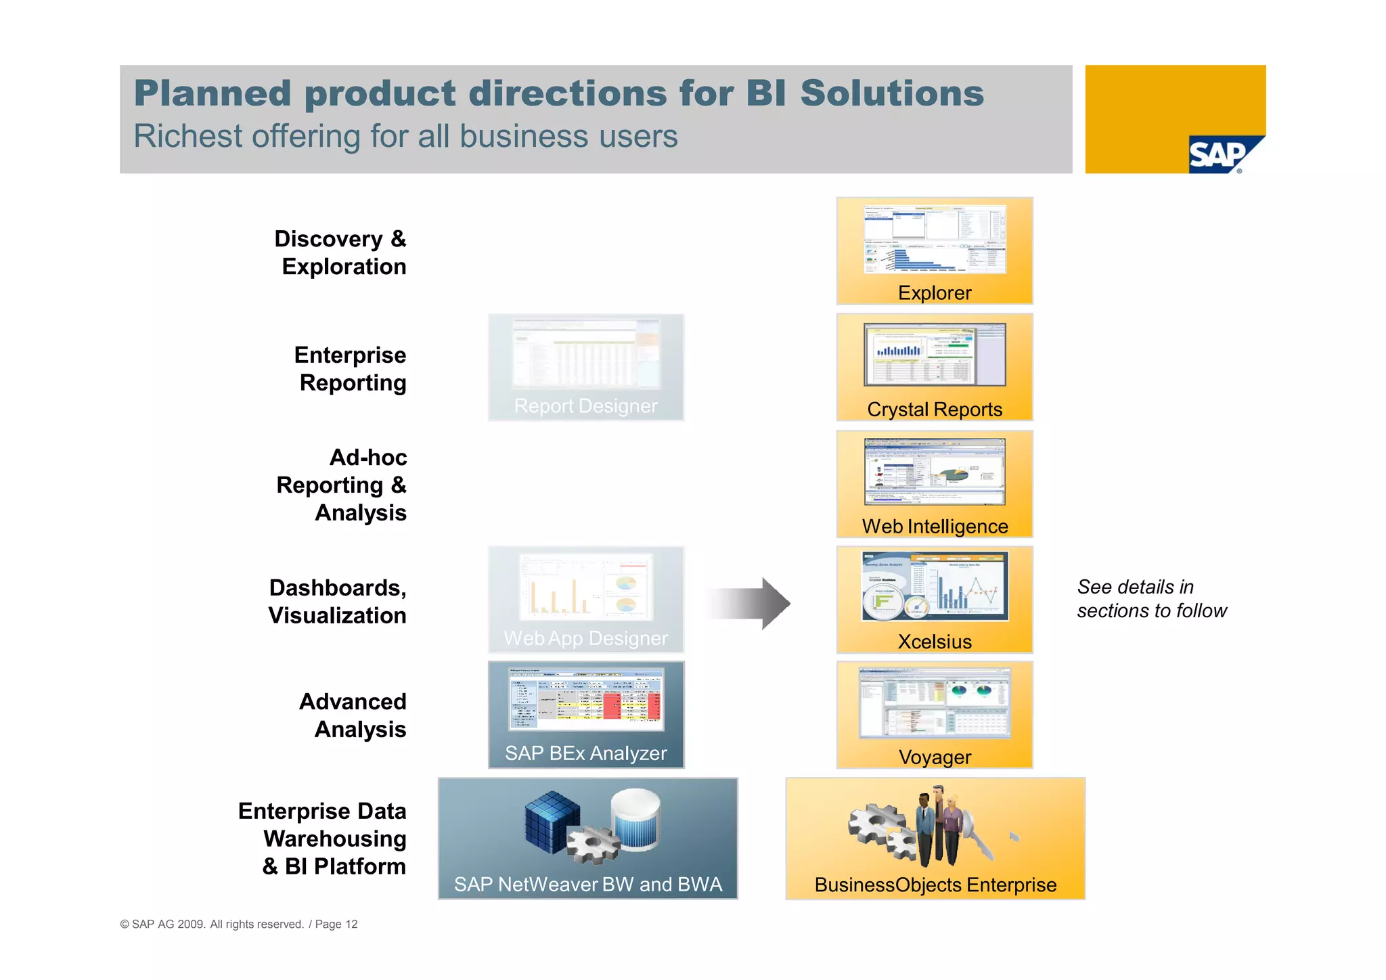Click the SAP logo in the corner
tap(1222, 155)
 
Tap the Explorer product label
tap(934, 292)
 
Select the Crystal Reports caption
tap(934, 409)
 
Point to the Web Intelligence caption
tap(934, 526)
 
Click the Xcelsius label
tap(934, 642)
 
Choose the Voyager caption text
tap(934, 757)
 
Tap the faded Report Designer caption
tap(585, 405)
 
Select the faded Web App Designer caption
tap(585, 638)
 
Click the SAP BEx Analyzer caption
tap(585, 753)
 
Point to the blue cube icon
tap(552, 820)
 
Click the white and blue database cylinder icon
tap(635, 818)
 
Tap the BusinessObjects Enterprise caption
tap(935, 885)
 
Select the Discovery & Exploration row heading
tap(341, 252)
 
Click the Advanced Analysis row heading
tap(353, 715)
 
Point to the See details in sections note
tap(1151, 599)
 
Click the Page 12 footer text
tap(336, 925)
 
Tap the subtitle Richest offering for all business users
tap(405, 136)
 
